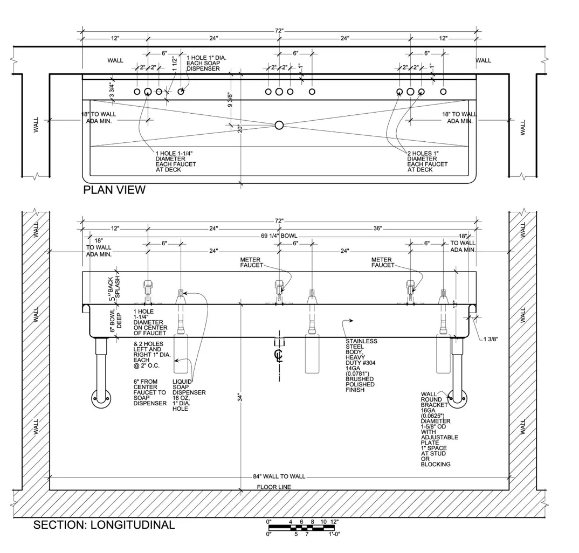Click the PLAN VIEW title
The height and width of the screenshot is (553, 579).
(114, 190)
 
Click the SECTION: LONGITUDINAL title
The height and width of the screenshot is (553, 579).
(104, 525)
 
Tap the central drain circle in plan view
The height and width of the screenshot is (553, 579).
(279, 125)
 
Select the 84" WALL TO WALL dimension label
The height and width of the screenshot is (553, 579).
(279, 476)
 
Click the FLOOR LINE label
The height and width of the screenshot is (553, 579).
(274, 487)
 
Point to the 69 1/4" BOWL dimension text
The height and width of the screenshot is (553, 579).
(279, 236)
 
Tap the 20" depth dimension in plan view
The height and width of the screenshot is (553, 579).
(240, 129)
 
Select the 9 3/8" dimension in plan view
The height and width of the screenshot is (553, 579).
(230, 100)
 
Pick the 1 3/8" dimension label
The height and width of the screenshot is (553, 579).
(491, 339)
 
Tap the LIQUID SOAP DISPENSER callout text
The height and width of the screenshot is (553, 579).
(189, 395)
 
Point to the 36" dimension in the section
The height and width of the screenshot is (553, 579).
(377, 229)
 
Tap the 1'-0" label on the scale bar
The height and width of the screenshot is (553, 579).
(334, 534)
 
